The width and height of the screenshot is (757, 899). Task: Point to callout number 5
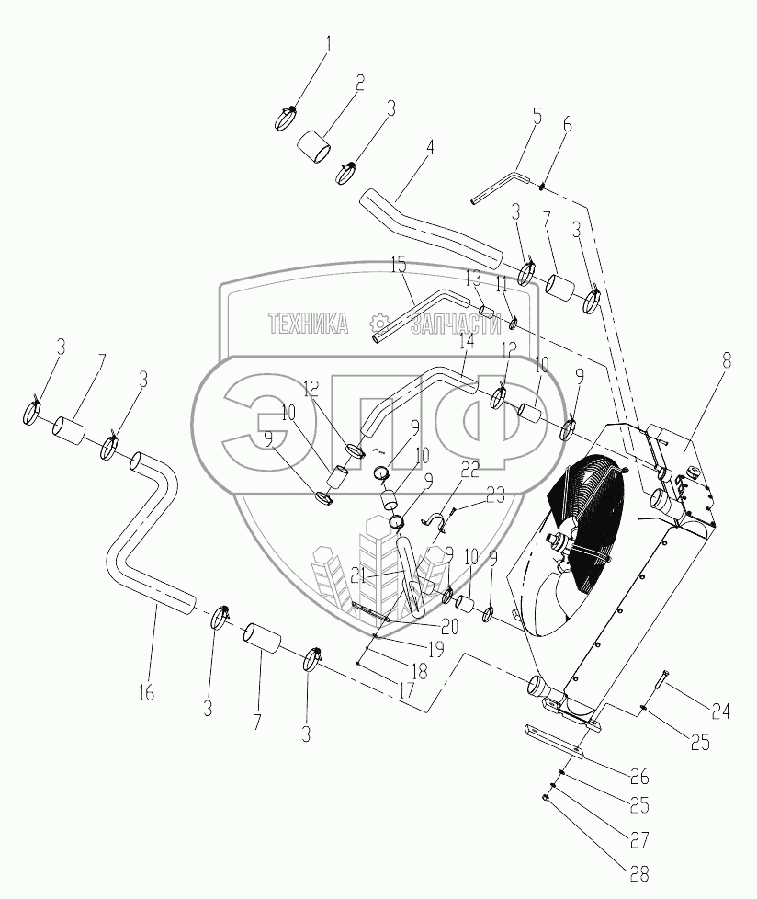(x=537, y=117)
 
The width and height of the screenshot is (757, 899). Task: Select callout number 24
(x=719, y=710)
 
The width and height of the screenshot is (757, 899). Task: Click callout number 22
(x=469, y=469)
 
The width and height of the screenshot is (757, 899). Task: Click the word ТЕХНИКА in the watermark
(x=309, y=324)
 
